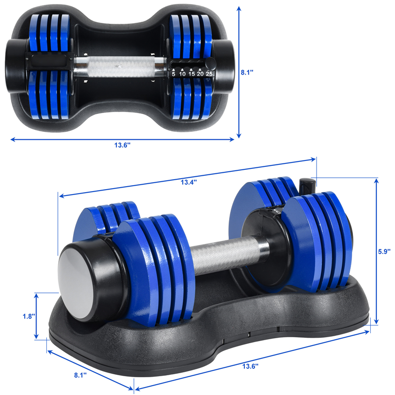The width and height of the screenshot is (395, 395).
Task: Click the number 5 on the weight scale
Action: point(173,74)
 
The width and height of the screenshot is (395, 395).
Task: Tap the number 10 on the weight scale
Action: point(182,74)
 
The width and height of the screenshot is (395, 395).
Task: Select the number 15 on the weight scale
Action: point(191,74)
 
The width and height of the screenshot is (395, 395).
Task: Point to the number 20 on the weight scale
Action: point(200,74)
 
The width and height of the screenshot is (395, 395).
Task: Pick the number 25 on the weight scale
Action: point(209,74)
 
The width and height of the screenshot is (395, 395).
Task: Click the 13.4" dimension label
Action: point(188,182)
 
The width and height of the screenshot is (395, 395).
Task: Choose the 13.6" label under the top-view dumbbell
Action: point(122,145)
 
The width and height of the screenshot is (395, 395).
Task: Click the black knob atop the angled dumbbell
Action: point(306,186)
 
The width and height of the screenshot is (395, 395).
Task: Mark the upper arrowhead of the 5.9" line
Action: point(376,181)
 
